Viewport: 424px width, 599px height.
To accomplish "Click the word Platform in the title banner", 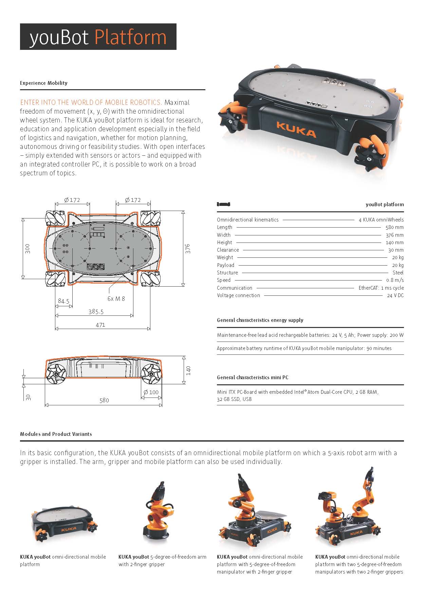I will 130,37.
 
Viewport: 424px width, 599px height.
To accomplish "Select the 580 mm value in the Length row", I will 394,227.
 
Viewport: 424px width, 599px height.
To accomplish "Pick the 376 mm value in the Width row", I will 394,235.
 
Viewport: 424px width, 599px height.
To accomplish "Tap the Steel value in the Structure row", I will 398,273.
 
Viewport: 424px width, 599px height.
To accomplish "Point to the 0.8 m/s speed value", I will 395,280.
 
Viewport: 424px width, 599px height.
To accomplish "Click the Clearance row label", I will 228,250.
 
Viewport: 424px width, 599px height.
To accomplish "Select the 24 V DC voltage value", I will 395,295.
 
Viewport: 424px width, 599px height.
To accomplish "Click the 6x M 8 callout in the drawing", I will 116,299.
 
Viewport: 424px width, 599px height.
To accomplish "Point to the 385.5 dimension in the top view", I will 96,311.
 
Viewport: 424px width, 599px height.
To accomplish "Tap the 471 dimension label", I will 100,325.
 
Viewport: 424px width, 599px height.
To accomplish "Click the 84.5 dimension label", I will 63,301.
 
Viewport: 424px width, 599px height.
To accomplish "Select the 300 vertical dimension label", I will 27,248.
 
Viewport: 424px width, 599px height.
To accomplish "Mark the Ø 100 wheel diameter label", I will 151,392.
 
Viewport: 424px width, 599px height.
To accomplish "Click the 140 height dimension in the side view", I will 188,370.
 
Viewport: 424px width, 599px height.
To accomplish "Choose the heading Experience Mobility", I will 44,83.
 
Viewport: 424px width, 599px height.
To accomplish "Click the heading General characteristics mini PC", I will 253,378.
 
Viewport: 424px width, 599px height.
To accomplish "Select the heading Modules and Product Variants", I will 56,434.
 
